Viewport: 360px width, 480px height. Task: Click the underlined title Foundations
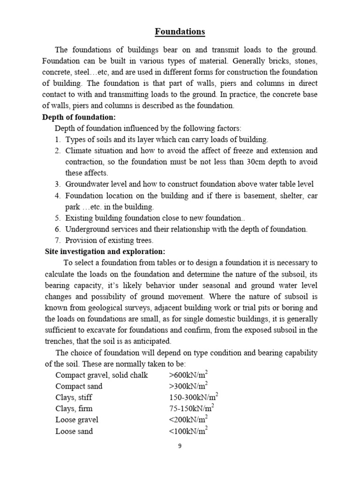point(180,32)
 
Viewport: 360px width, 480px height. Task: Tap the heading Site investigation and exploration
point(105,252)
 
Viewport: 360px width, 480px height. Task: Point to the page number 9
point(180,446)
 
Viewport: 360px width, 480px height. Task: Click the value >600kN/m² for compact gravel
point(188,375)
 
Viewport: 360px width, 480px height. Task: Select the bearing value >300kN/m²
point(188,386)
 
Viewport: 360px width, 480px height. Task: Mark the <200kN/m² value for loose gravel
point(188,420)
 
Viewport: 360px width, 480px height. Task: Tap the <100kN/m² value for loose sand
point(188,431)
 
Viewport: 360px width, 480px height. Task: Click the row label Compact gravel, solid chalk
point(102,375)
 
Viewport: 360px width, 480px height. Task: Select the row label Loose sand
point(74,431)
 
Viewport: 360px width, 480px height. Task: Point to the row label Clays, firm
point(74,409)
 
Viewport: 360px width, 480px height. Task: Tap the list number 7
point(57,240)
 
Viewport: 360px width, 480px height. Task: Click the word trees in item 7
point(143,240)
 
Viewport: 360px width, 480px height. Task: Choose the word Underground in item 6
point(87,229)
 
